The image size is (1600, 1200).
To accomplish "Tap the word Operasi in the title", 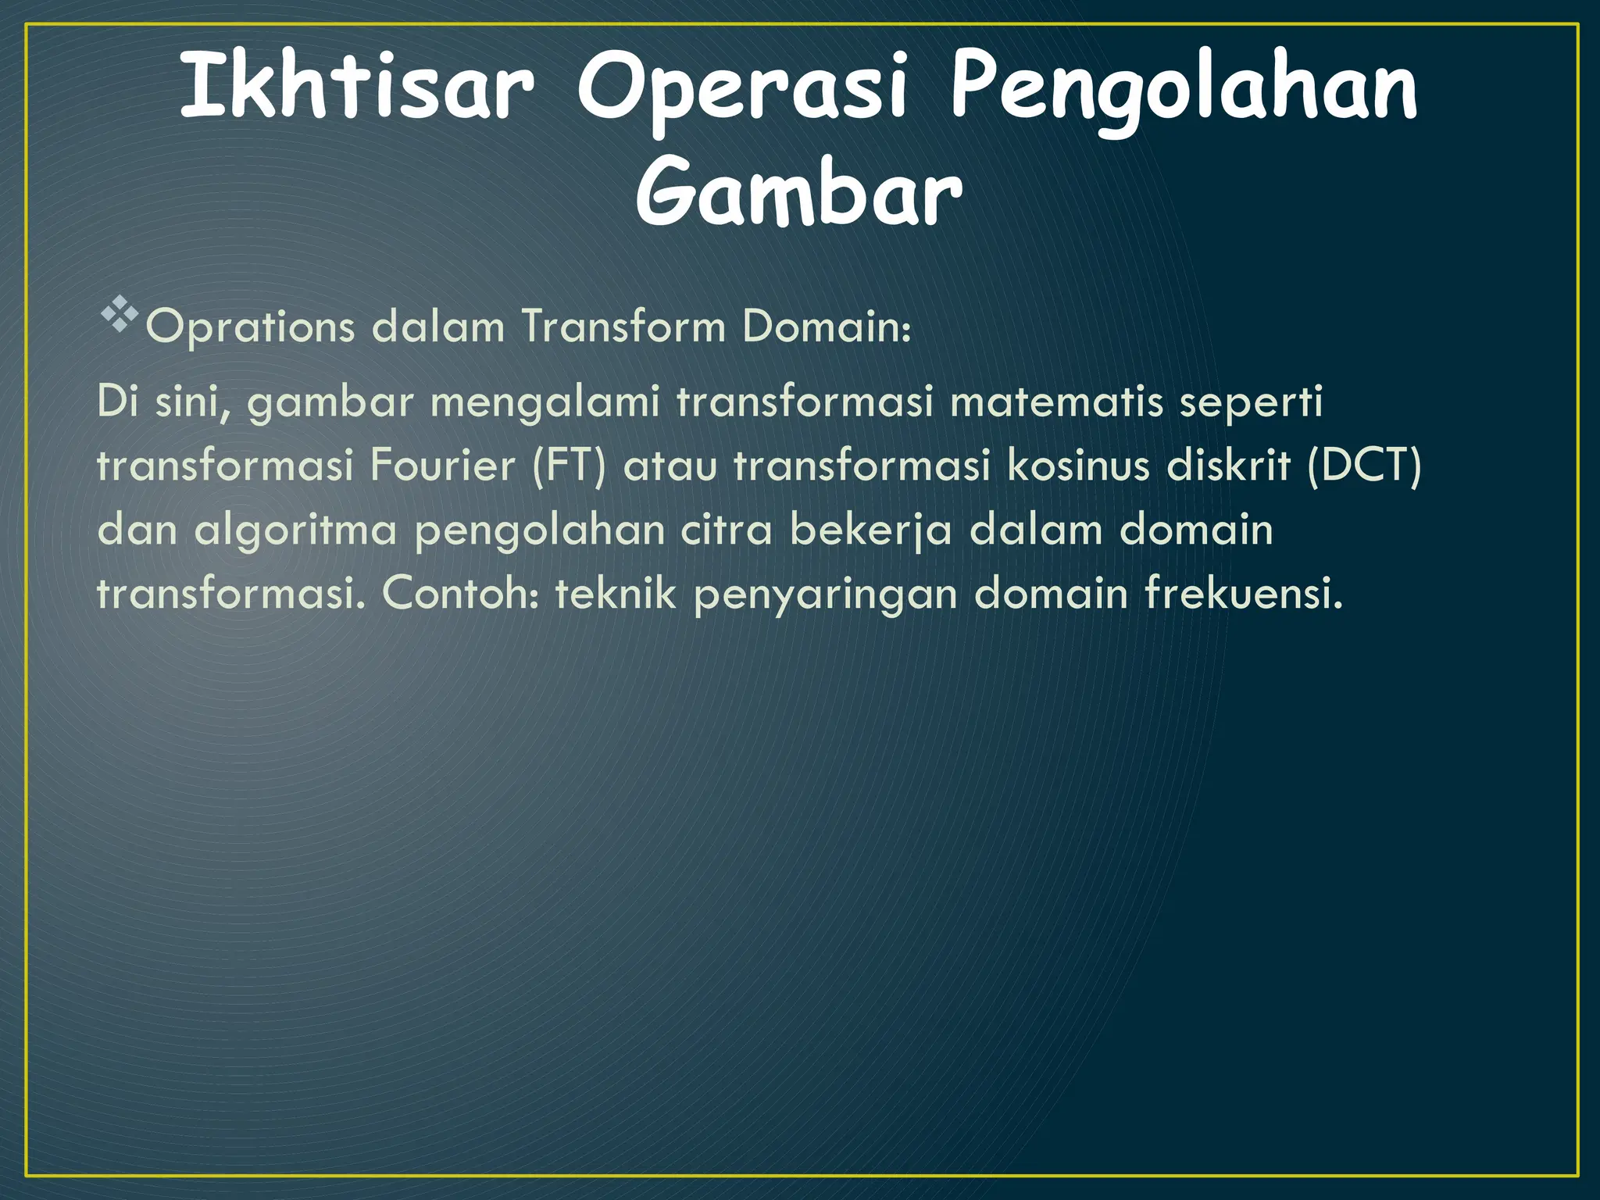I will (742, 92).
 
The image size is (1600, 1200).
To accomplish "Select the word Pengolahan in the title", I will (1183, 92).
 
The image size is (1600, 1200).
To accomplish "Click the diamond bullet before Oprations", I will (119, 316).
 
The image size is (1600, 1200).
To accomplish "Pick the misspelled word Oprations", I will (251, 327).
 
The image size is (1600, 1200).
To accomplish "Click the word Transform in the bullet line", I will (623, 326).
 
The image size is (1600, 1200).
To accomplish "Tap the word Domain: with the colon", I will (827, 326).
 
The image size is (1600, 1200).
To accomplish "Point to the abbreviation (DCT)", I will (1364, 466).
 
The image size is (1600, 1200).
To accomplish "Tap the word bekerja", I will (870, 530).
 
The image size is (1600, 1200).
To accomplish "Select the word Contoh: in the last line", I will (460, 594).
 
